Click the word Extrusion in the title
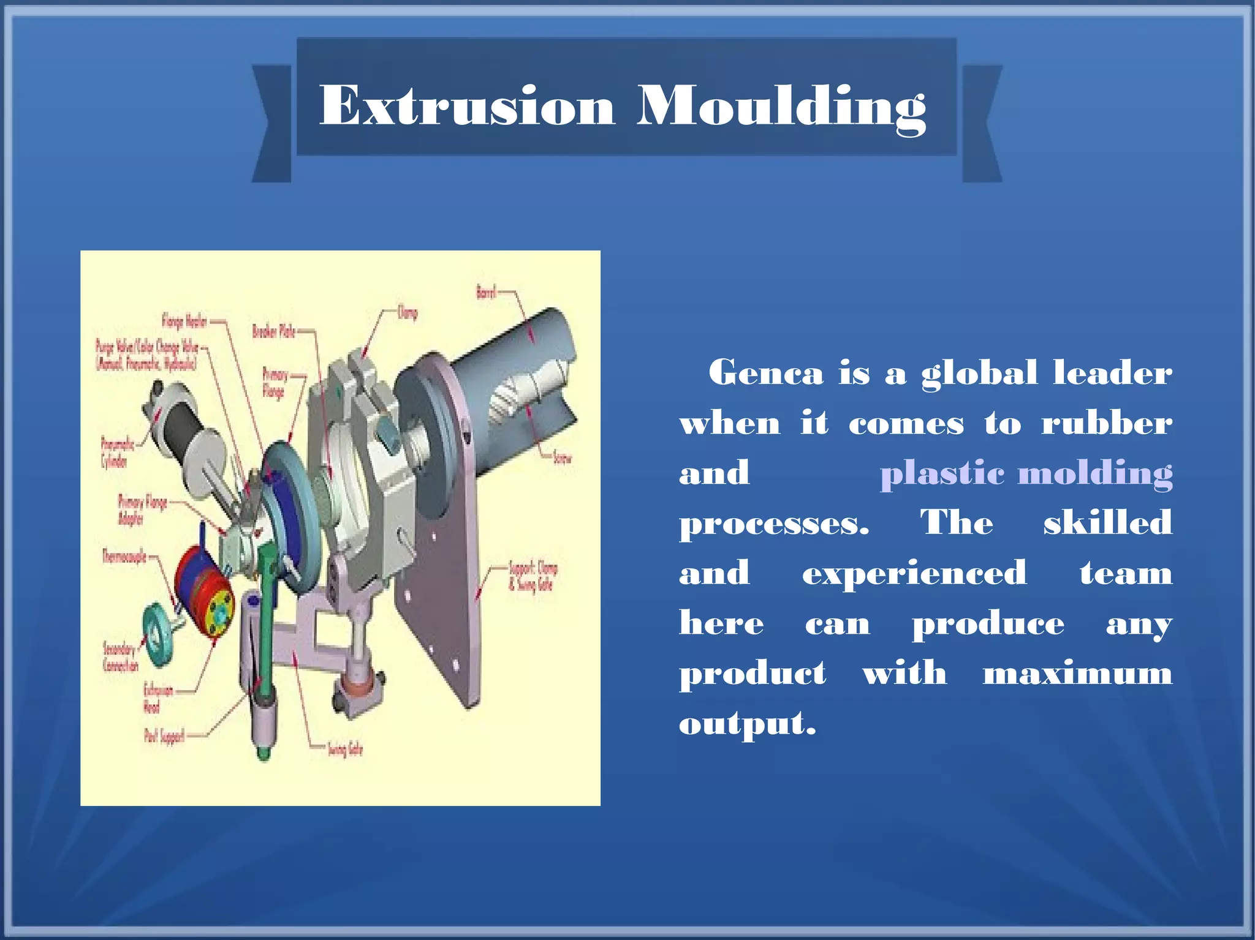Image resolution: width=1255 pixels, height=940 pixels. pos(467,105)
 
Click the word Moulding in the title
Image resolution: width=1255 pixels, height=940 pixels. pos(781,105)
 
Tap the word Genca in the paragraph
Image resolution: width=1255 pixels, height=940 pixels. pos(765,372)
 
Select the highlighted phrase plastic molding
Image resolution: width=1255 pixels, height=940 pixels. pos(1026,473)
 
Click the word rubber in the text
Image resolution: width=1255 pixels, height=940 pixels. pos(1106,423)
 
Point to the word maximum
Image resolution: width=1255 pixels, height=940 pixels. pos(1077,673)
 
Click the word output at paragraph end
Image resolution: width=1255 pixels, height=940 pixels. pos(746,724)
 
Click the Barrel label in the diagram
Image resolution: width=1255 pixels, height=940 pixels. pos(486,293)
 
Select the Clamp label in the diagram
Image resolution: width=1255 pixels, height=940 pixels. pos(408,313)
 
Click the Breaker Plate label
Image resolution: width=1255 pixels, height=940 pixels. pos(273,331)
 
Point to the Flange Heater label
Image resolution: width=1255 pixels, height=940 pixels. pos(184,320)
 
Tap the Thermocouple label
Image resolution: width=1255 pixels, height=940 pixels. pos(124,557)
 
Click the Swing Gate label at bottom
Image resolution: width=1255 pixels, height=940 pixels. pos(345,748)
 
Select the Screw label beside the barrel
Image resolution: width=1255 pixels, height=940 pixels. pos(561,457)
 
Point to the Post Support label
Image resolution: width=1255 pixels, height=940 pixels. pos(164,735)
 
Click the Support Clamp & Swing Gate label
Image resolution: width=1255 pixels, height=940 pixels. pos(533,576)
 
